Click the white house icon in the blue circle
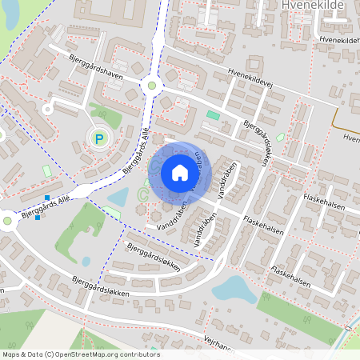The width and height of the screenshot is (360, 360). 180,173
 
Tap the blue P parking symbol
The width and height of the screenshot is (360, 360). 100,139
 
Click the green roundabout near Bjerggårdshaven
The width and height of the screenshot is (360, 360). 151,85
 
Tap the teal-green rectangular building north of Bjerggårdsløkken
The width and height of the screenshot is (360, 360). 213,115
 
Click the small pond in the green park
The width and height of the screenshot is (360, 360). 86,261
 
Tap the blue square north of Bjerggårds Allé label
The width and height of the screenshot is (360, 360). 48,197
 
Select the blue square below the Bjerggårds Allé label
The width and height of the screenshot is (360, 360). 38,217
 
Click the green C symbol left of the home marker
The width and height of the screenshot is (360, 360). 143,194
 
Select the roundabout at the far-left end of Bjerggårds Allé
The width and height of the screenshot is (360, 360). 7,219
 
